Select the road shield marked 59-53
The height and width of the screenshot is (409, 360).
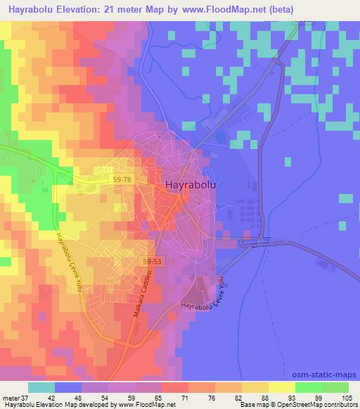pos(150,261)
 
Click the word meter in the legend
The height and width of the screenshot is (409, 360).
pos(11,397)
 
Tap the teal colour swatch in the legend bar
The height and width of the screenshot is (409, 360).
pos(42,387)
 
